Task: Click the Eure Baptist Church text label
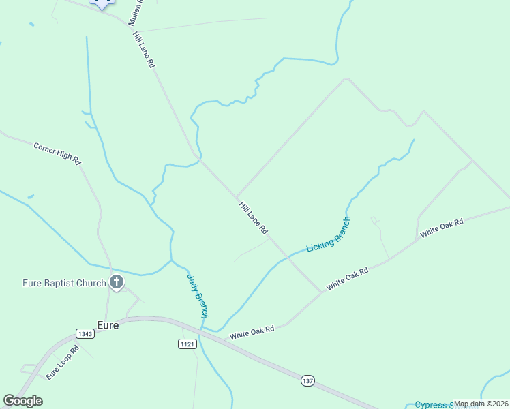click(x=64, y=283)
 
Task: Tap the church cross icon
click(x=117, y=282)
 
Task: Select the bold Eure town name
click(x=108, y=325)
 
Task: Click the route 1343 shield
click(x=85, y=333)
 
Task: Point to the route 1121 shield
click(x=187, y=344)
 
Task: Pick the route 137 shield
click(x=307, y=380)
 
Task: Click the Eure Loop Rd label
click(x=63, y=363)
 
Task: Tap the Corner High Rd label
click(x=57, y=153)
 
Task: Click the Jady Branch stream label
click(x=197, y=295)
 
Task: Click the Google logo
click(x=22, y=401)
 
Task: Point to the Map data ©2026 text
click(x=481, y=404)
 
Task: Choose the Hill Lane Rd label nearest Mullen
click(x=145, y=49)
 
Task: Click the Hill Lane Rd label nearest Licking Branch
click(x=253, y=218)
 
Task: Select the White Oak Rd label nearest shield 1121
click(x=252, y=333)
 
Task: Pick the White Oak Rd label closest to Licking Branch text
click(x=347, y=279)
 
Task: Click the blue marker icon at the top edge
click(x=102, y=3)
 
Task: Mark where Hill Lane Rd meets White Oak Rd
click(x=321, y=292)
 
